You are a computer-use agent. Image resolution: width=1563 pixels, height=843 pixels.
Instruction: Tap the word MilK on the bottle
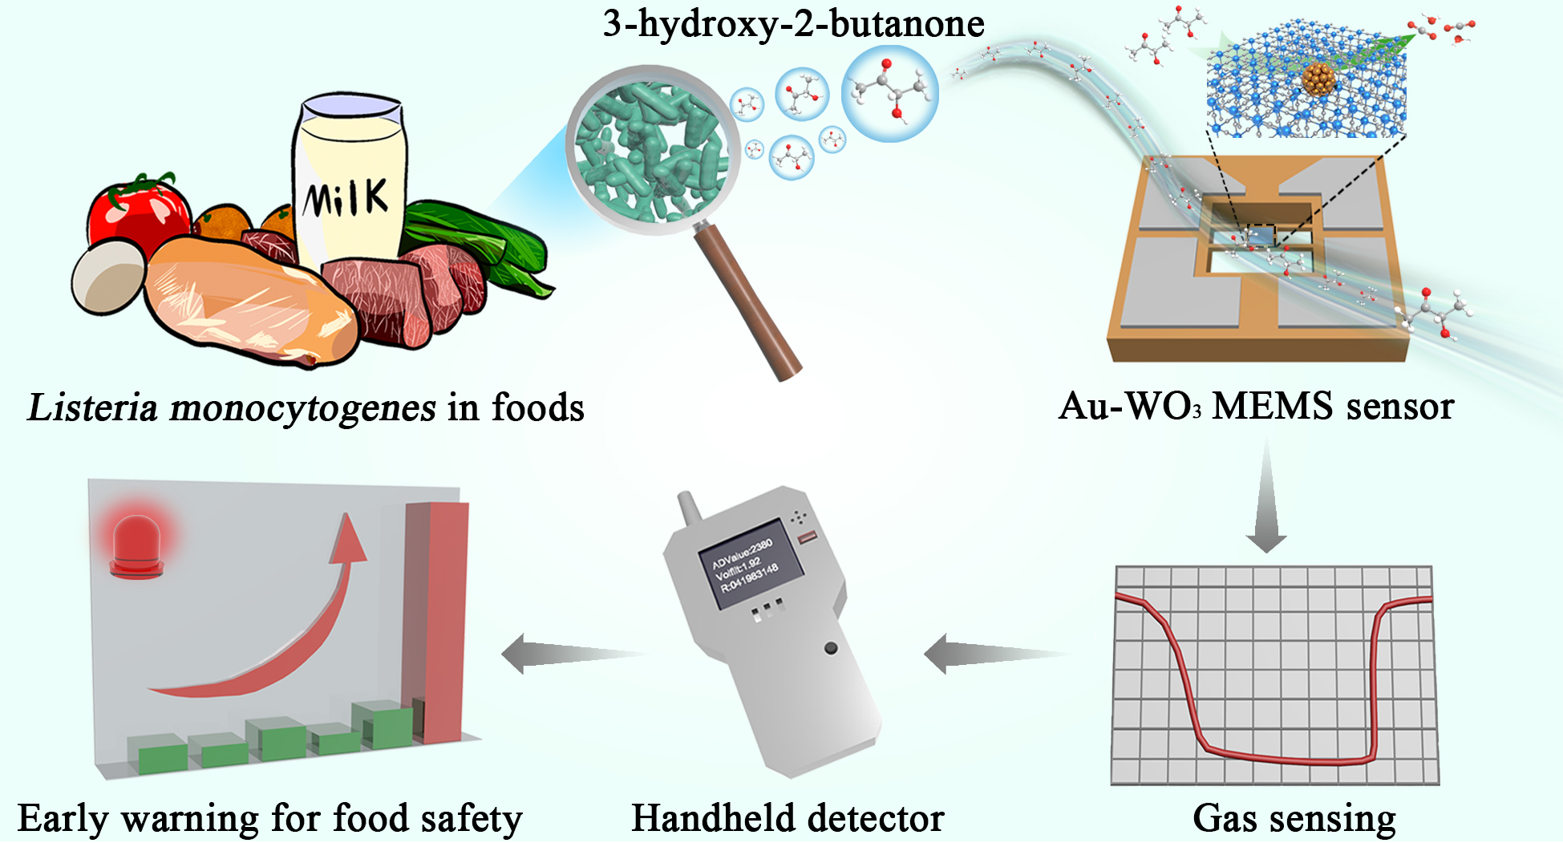point(346,197)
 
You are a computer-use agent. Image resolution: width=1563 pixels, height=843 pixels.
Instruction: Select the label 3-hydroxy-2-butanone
point(793,23)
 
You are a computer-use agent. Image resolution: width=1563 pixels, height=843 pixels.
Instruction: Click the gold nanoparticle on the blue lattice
point(1318,79)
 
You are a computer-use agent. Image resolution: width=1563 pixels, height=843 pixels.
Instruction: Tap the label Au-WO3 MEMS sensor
point(1256,406)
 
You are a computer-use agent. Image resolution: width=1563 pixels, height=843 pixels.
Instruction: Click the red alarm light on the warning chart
point(137,545)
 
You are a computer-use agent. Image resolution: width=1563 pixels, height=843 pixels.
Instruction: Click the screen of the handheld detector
point(751,565)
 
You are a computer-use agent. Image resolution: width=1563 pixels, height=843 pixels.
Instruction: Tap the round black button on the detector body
point(831,647)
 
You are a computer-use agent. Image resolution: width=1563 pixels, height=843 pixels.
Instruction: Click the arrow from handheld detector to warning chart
point(570,654)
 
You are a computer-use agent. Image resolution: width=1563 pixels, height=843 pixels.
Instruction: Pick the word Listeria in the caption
point(92,407)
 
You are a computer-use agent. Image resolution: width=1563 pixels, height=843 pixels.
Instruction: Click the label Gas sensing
point(1294,818)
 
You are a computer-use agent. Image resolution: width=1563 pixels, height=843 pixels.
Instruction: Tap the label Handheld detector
point(788,818)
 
